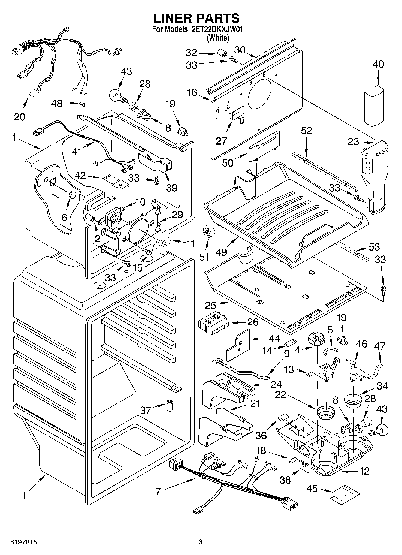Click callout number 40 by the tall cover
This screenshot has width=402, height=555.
pyautogui.click(x=378, y=64)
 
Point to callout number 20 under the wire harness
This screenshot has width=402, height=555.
pyautogui.click(x=20, y=116)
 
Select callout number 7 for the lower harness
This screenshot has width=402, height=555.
pyautogui.click(x=158, y=491)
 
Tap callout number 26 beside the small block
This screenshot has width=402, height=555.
pyautogui.click(x=252, y=322)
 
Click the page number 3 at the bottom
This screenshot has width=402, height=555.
pyautogui.click(x=201, y=542)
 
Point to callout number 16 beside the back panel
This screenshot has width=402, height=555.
pyautogui.click(x=192, y=92)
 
